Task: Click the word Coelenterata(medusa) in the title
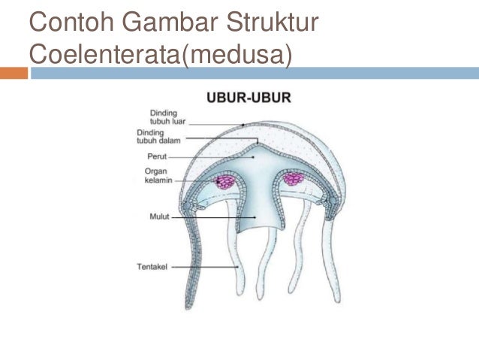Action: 159,54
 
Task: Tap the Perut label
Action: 157,158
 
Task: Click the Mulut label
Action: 159,217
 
